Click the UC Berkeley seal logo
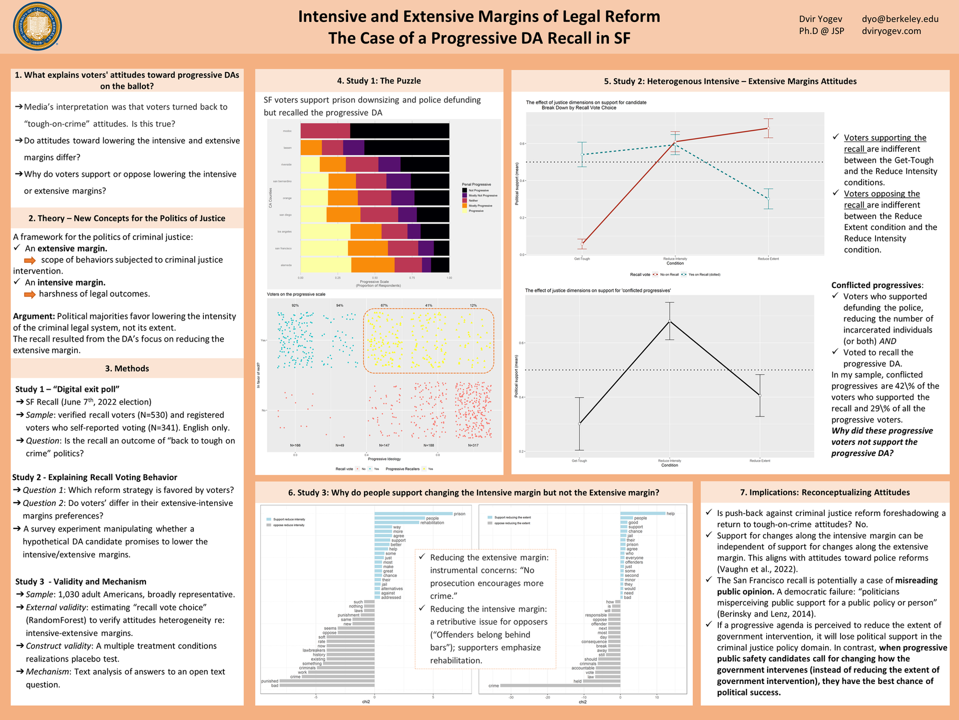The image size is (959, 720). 37,26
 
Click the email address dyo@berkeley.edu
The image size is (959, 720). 900,19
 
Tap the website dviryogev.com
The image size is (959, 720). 891,31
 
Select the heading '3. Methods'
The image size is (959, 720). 127,368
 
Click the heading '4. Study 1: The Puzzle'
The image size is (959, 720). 379,80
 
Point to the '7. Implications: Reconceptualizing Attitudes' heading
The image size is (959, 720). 825,492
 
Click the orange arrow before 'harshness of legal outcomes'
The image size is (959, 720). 30,294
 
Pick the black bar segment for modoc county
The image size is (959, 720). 400,131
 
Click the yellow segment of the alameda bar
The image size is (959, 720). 326,265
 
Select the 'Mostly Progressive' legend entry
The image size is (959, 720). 479,205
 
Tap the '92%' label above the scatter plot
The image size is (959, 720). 295,305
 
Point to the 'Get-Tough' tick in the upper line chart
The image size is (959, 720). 582,259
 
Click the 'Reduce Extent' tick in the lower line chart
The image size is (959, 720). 759,460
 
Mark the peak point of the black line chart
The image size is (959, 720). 669,321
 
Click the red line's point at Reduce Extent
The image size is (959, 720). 768,128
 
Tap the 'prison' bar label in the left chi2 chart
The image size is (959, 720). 459,514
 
